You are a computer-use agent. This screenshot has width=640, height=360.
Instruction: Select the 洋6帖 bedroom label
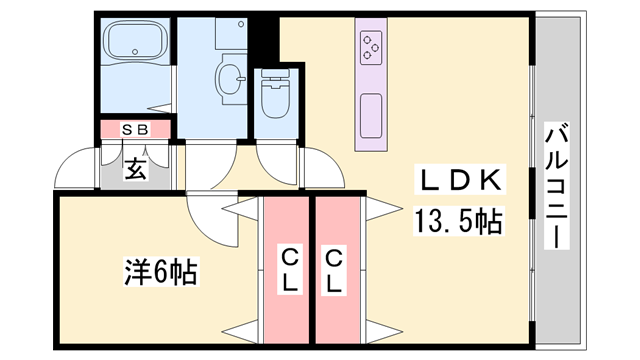[159, 270]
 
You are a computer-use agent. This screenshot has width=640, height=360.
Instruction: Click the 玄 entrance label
[135, 169]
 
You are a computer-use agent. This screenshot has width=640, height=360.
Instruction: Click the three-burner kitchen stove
[370, 46]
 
